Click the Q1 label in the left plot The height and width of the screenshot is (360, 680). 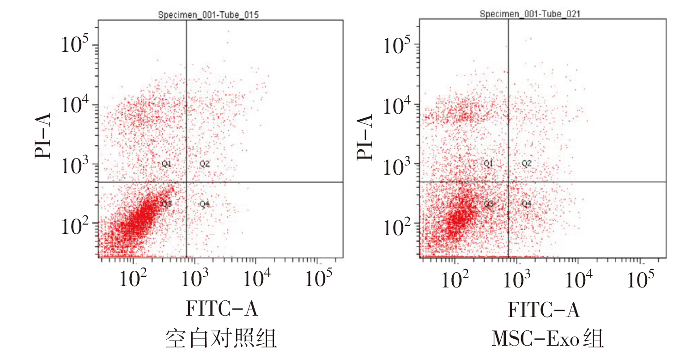pos(166,164)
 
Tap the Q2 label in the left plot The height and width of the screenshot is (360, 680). pos(205,164)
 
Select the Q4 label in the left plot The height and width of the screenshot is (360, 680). pos(205,204)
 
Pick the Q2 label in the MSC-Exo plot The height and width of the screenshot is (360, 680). pos(527,163)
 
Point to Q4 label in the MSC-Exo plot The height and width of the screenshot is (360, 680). pos(527,203)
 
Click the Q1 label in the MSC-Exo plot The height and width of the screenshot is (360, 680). pos(488,163)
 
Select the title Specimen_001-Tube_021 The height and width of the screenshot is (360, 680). pos(530,14)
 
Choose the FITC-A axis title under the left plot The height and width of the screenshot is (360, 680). pos(221,309)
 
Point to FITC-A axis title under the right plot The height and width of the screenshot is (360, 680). pos(544,309)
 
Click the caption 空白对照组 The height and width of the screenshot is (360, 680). pos(221,340)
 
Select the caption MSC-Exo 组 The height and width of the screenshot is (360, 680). pos(547,340)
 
